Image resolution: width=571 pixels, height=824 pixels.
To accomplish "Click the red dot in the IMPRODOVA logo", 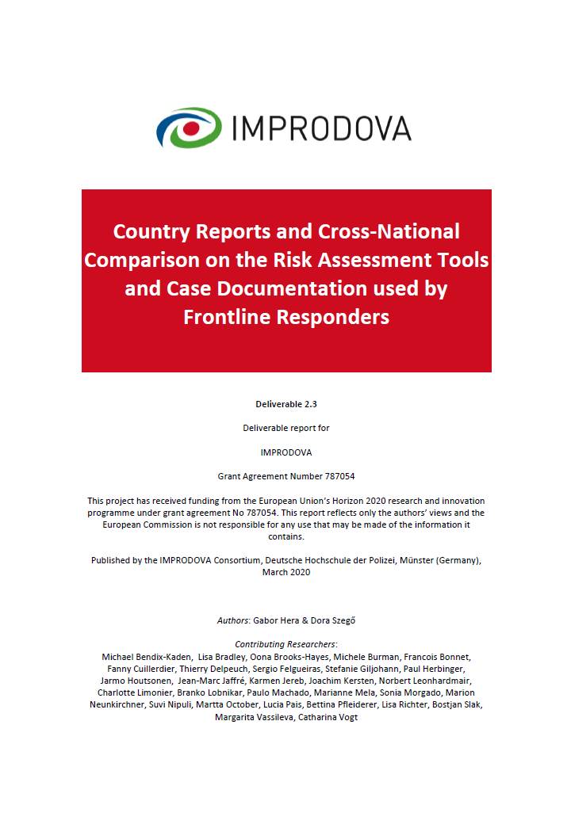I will (x=190, y=127).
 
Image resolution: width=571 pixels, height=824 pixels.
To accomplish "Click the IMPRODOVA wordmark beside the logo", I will (x=320, y=128).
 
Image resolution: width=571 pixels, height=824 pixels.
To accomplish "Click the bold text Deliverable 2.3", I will (x=286, y=404).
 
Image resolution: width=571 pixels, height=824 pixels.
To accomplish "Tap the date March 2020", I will (x=286, y=572).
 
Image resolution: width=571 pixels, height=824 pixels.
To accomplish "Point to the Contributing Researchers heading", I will (x=286, y=645).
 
